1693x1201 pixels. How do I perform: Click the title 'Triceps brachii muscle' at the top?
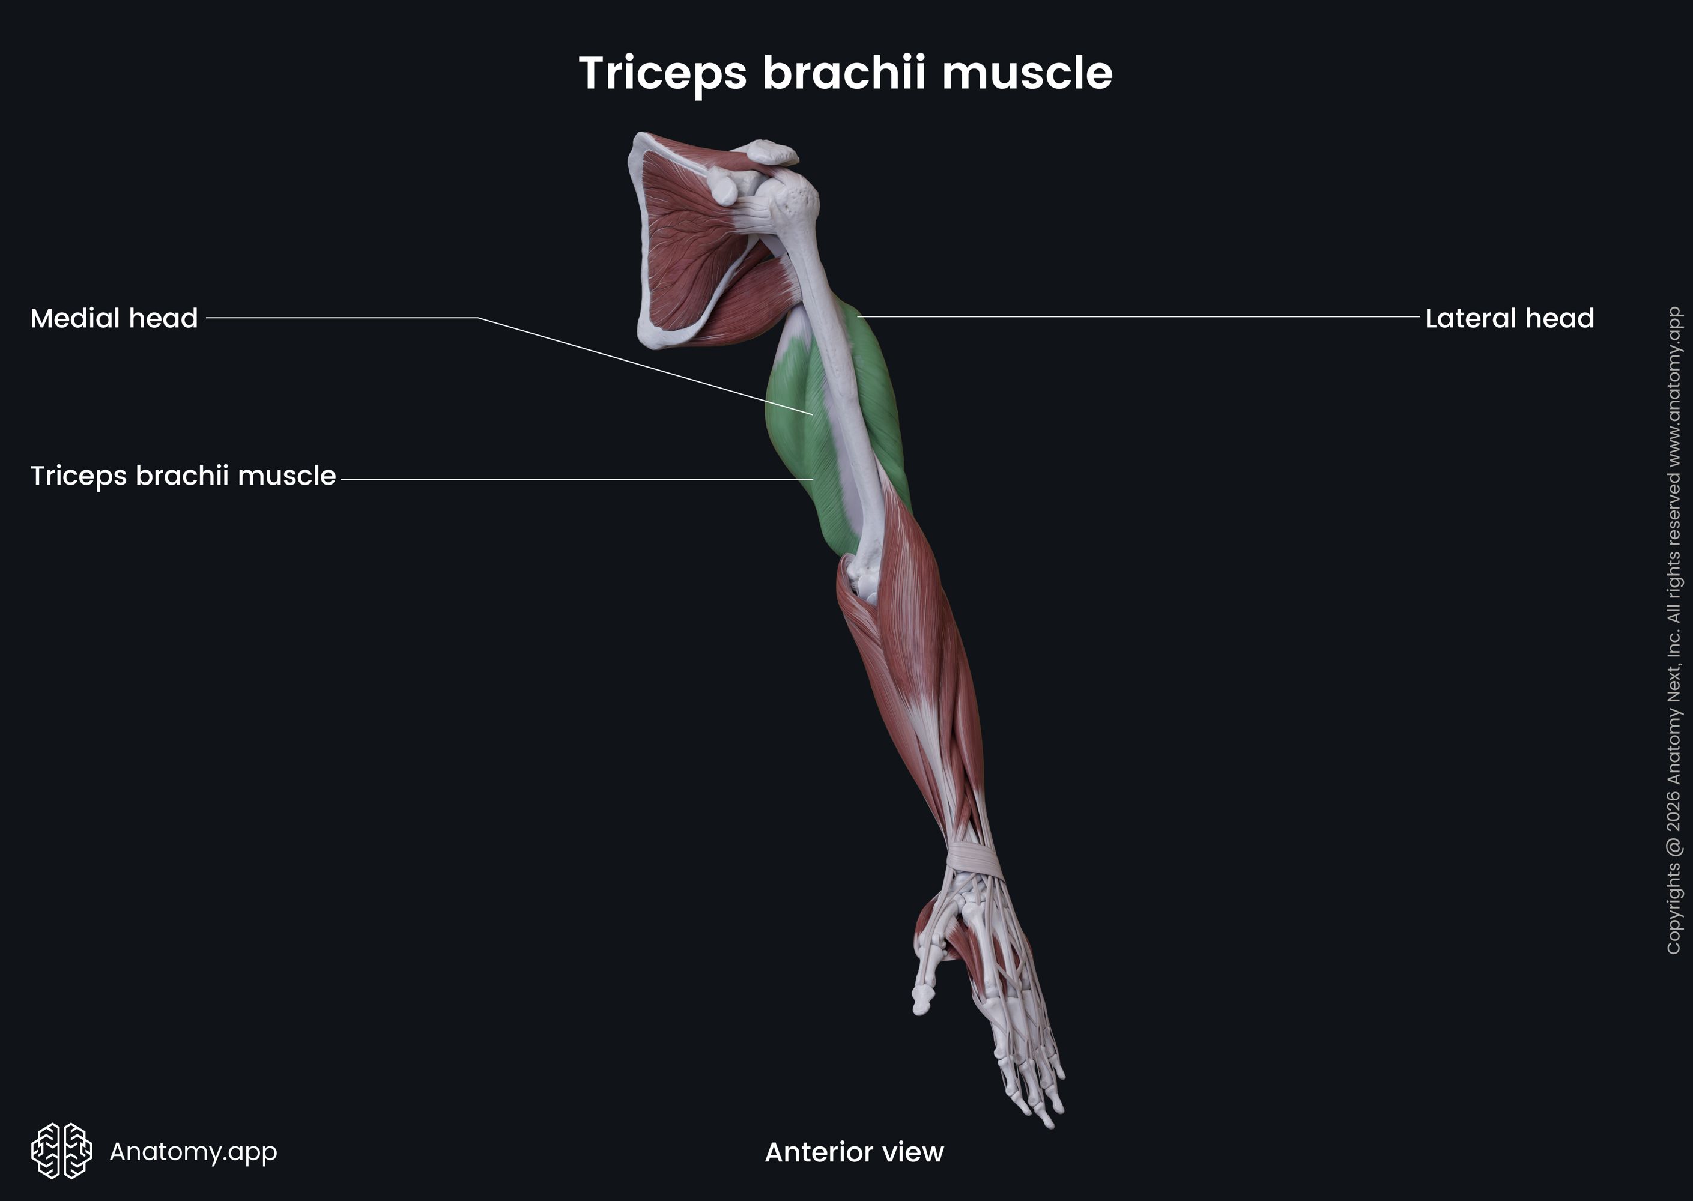[846, 73]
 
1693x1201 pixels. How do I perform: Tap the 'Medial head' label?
[114, 319]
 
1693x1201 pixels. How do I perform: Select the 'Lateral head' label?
[1509, 319]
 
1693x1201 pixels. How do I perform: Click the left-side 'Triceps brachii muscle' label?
[183, 476]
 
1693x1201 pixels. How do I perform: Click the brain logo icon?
[61, 1151]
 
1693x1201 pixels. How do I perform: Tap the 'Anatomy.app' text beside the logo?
[193, 1151]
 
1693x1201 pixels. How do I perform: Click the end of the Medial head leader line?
[813, 414]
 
